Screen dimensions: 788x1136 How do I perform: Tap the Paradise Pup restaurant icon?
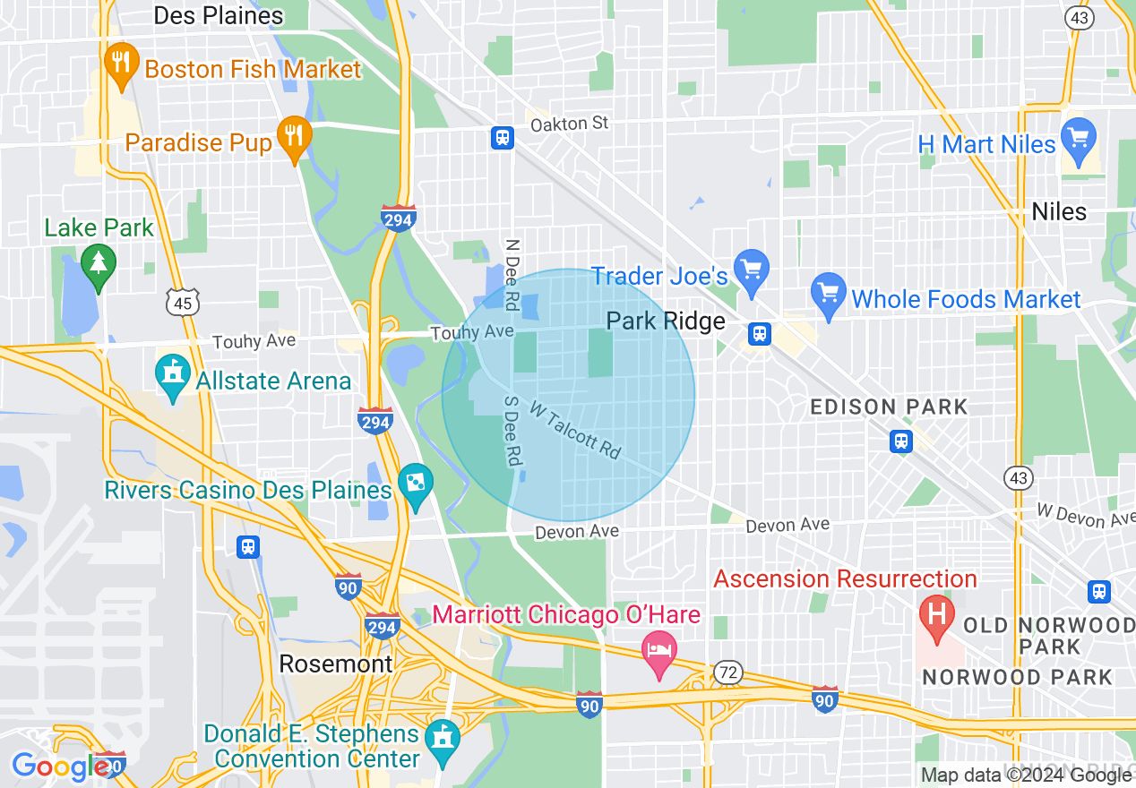(293, 137)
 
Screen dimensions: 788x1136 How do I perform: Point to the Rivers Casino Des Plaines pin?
(415, 484)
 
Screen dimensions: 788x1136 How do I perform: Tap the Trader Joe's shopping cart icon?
(751, 270)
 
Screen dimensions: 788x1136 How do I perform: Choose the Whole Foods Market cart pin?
(828, 294)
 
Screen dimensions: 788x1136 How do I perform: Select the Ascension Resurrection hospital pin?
(937, 617)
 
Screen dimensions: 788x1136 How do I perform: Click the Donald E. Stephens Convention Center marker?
(442, 740)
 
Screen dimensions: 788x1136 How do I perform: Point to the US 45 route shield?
(182, 304)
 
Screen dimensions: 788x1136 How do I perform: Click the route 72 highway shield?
(727, 672)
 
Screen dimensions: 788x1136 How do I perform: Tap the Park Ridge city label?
(666, 321)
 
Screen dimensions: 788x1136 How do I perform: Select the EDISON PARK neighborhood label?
(889, 407)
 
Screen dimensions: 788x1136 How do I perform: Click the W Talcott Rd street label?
(575, 431)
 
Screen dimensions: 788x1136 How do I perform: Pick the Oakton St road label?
(570, 124)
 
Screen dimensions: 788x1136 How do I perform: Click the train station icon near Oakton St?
(502, 137)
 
